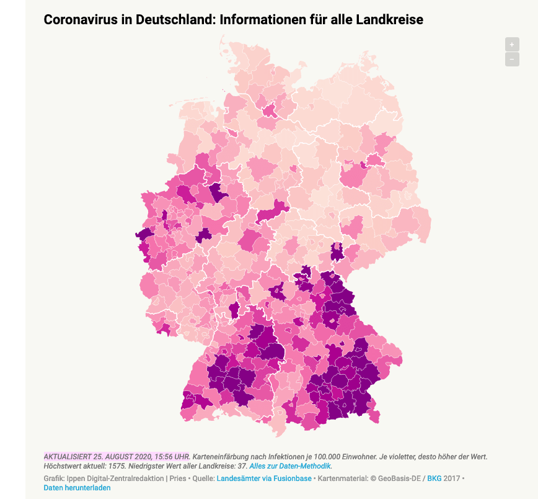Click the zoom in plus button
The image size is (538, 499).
pos(512,44)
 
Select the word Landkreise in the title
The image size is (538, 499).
pos(390,20)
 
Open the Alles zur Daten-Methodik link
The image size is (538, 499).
pos(290,465)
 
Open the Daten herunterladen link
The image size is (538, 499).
pos(77,488)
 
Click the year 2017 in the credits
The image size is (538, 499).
pos(451,479)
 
